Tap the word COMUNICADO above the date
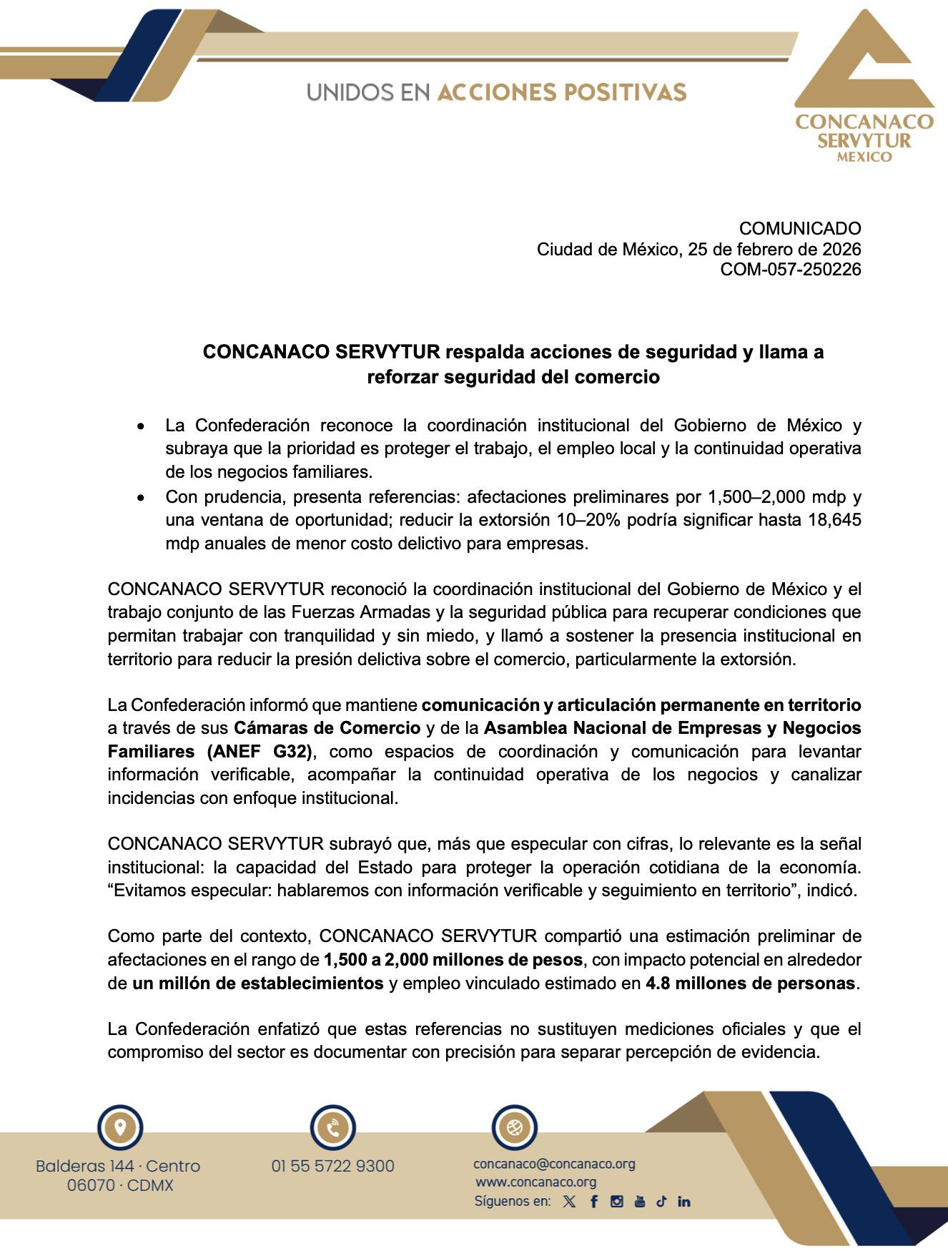[799, 229]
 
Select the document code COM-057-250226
[790, 270]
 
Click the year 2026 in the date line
[841, 250]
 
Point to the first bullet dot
[142, 426]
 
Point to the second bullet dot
[142, 497]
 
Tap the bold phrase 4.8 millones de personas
[750, 983]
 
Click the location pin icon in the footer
[119, 1128]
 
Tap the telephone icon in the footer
[332, 1128]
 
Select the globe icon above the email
[514, 1128]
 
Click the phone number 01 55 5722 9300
[332, 1166]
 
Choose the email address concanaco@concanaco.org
[554, 1164]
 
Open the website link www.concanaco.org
[535, 1182]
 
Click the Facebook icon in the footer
[593, 1202]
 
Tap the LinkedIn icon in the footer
[684, 1202]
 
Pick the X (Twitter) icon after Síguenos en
[569, 1202]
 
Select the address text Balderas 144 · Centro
[118, 1166]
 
